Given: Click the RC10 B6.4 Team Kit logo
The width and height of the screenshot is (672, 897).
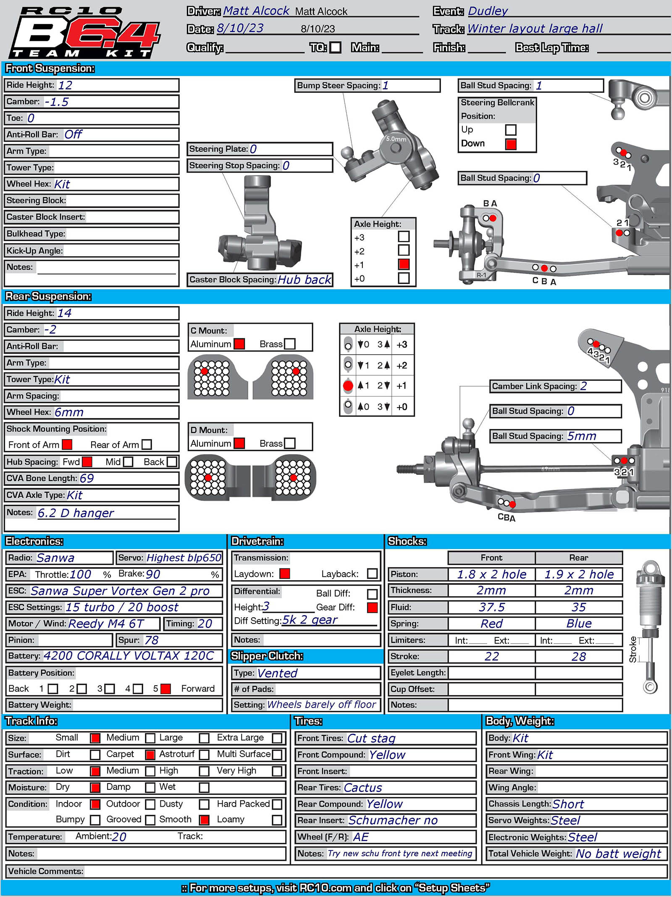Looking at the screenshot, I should point(84,33).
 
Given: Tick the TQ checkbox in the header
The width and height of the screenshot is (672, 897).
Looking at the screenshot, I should point(335,47).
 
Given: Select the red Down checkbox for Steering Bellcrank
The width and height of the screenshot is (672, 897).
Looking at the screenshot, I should point(511,144).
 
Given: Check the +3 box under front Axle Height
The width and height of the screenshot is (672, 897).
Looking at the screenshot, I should point(404,237).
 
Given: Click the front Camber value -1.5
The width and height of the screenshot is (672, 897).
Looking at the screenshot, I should point(57,102).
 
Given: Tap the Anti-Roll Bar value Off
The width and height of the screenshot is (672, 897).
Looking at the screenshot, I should point(73,134).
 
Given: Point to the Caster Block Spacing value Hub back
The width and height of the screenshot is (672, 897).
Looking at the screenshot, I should point(304,280).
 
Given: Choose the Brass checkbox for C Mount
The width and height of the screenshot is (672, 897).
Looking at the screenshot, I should point(290,344).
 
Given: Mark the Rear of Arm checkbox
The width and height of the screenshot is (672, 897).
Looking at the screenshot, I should point(147,445).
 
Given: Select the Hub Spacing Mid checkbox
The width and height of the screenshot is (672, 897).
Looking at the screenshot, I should point(128,462).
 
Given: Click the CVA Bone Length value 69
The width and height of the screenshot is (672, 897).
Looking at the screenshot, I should point(87,479).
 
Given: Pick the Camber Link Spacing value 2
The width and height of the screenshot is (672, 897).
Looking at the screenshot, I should point(583,386).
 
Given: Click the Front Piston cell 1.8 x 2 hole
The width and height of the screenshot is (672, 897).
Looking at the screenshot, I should point(491,574).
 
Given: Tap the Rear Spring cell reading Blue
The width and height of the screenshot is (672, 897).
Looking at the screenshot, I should point(579,624).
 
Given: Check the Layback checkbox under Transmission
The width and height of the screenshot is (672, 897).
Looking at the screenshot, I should point(372,574).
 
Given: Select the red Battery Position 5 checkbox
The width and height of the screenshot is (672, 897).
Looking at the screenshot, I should point(166,689).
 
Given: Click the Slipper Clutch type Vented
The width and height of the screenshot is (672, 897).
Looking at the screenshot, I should point(277,673).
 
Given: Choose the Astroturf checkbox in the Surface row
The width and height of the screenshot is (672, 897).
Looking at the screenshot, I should point(204,755).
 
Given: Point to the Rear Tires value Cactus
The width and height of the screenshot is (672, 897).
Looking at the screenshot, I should point(363,788).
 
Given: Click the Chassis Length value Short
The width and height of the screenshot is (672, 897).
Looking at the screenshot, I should point(568,804).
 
